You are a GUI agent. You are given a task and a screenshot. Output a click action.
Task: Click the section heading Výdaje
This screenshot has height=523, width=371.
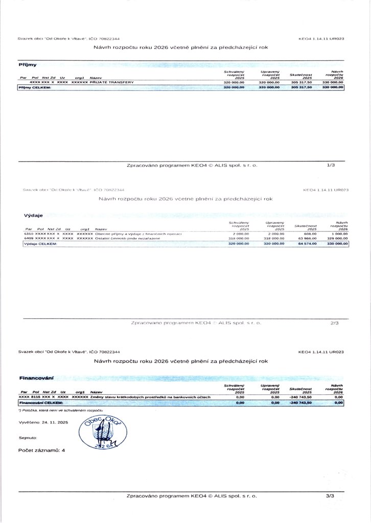[33, 215]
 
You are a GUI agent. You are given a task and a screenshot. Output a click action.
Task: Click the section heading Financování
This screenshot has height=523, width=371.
[36, 378]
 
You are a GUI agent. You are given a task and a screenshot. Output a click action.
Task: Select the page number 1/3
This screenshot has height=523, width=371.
[330, 165]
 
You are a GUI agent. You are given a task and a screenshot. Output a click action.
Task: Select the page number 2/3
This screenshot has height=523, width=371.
[335, 323]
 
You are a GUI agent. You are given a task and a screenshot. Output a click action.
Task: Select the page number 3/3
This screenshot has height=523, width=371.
[330, 495]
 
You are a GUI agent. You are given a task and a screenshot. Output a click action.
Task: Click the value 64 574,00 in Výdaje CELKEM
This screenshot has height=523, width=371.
[306, 244]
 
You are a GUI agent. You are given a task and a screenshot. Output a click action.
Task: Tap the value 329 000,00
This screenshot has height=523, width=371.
[337, 239]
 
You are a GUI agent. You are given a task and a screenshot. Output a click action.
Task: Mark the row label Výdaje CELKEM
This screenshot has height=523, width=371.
[41, 244]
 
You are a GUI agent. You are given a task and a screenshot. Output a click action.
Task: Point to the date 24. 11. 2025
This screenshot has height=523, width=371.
[55, 423]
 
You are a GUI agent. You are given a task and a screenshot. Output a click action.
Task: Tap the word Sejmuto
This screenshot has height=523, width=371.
[28, 438]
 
